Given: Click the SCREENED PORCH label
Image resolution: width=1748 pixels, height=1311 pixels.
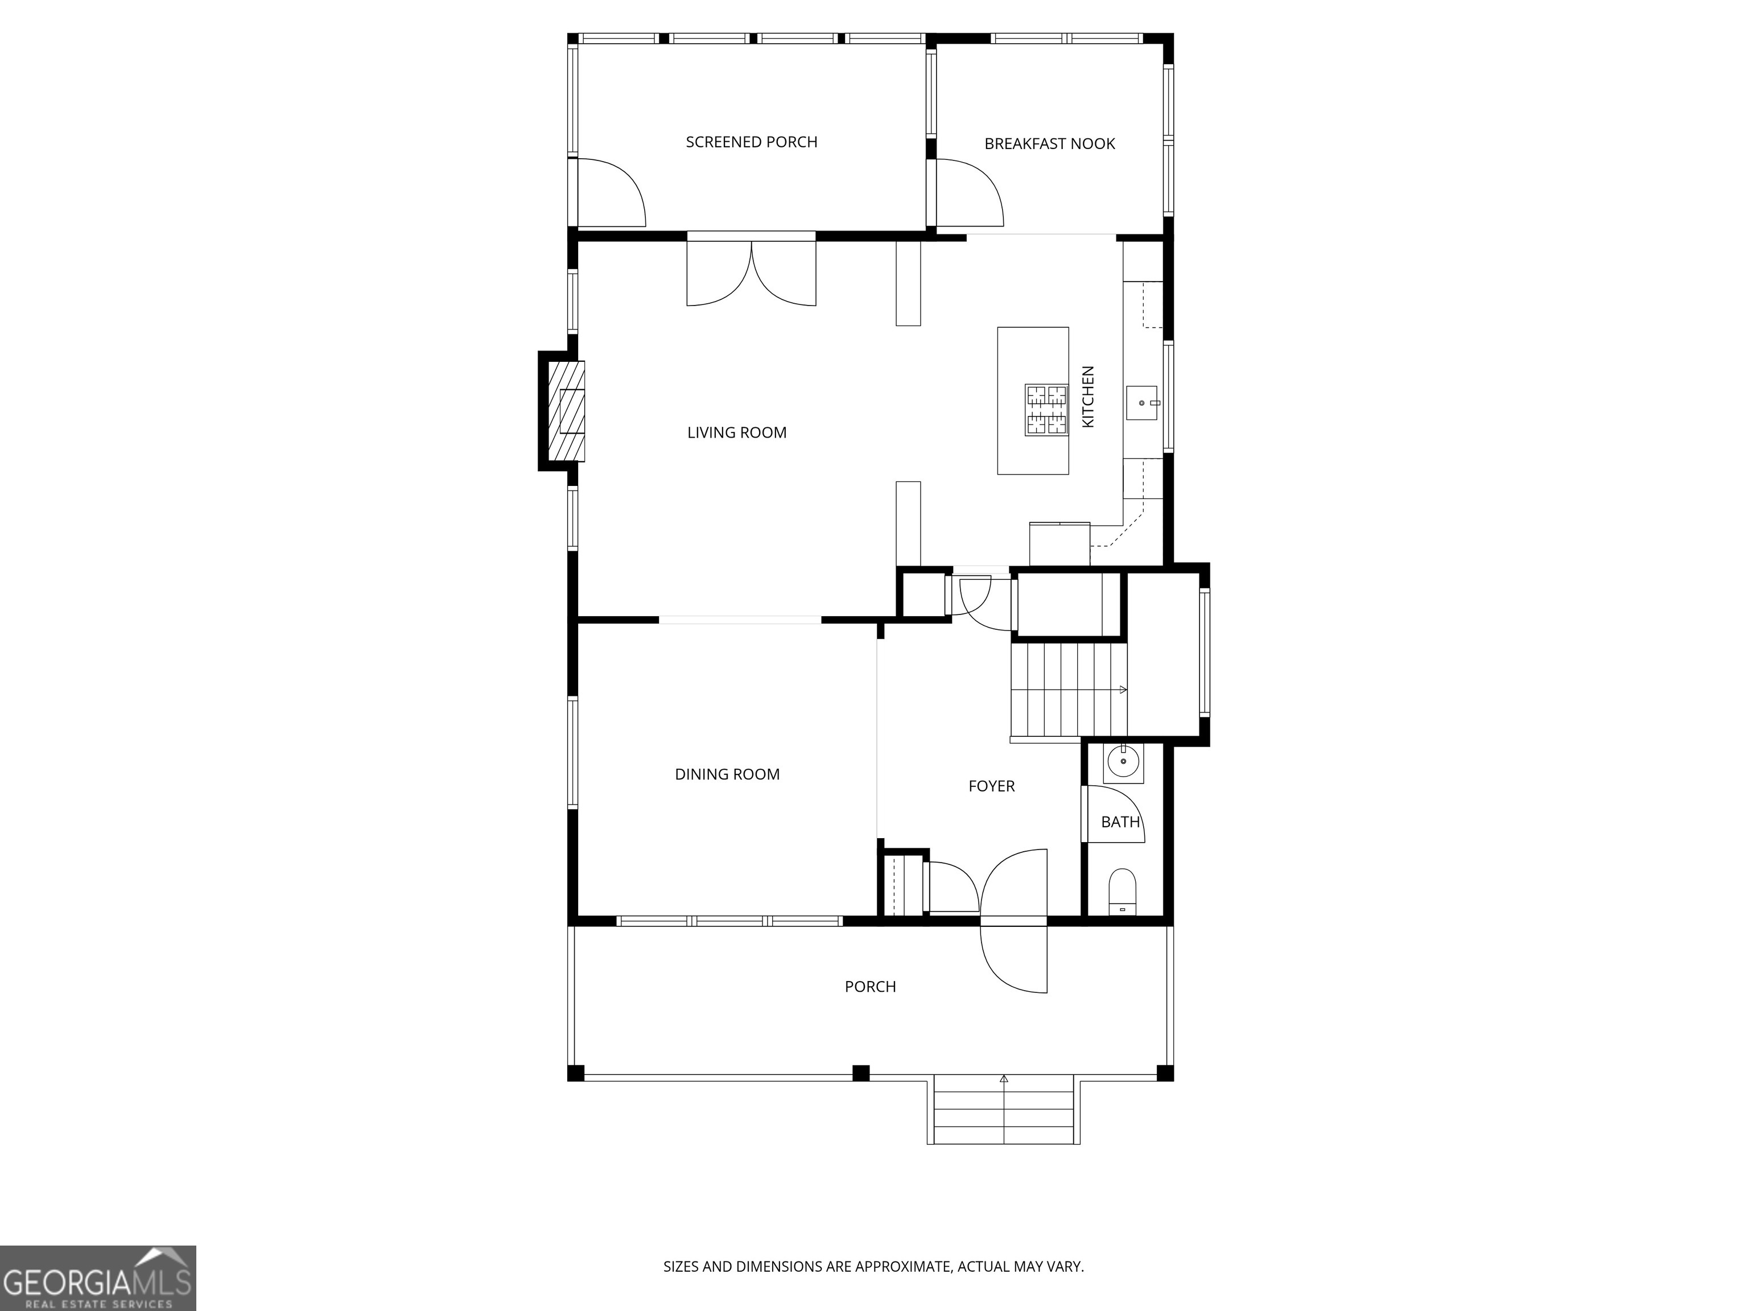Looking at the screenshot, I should coord(752,142).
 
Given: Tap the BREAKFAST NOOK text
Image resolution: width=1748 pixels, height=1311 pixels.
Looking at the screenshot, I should coord(1049,144).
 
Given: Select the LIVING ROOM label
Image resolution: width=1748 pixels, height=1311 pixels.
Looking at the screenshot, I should coord(736,432).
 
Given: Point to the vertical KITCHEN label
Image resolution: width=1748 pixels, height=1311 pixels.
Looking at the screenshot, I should coord(1088,397).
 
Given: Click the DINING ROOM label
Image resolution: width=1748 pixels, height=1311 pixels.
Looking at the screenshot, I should coord(727,774).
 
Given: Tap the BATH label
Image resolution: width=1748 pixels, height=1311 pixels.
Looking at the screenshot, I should coord(1120,822).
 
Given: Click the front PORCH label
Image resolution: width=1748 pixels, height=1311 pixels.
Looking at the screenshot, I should coord(870,986).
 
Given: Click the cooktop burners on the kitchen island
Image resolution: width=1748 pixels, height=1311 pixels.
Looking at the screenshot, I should coord(1046,409).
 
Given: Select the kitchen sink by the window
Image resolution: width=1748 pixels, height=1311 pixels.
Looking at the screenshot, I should coord(1142,402).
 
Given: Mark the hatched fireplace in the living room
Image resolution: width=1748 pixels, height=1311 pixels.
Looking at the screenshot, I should coord(567,411).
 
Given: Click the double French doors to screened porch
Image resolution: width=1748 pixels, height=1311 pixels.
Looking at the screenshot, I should coord(751,273).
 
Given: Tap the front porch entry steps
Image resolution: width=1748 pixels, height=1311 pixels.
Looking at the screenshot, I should coord(1004,1110).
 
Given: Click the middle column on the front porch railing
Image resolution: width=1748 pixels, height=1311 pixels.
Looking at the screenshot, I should coord(860,1073).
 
